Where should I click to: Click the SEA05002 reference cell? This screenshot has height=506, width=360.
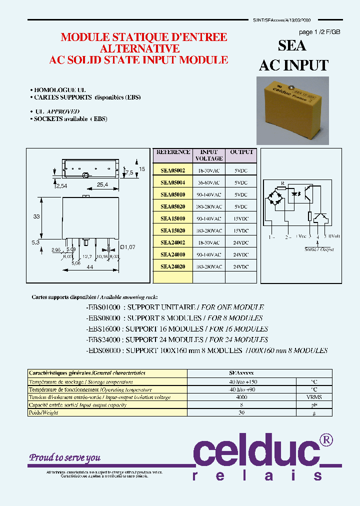172,170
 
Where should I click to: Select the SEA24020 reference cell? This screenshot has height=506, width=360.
172,266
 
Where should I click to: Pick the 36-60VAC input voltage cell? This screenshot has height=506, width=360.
209,182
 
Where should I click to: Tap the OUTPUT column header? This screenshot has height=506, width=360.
241,152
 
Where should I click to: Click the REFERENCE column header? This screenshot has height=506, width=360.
173,152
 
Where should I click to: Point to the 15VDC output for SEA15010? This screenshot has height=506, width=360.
241,218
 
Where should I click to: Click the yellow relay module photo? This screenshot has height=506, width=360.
292,110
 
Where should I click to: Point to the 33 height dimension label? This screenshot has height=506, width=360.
36,216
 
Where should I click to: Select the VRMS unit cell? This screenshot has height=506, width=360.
313,397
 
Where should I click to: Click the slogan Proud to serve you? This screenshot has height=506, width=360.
64,457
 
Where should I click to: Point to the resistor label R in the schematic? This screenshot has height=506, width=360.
282,184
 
